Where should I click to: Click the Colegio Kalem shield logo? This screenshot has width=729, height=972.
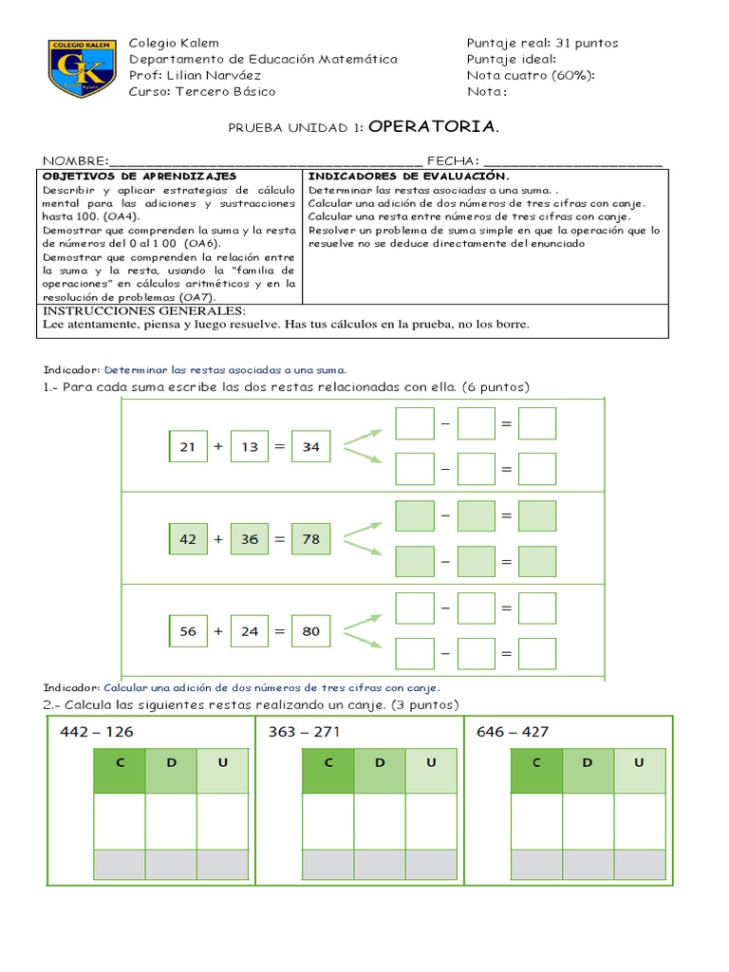(x=82, y=68)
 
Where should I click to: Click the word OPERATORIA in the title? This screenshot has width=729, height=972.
(x=433, y=126)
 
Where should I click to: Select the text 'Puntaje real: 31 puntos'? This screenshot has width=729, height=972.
(x=542, y=43)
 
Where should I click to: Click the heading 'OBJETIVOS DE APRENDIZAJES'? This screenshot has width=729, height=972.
(x=140, y=177)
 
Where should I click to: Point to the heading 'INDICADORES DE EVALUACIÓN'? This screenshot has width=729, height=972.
(x=409, y=177)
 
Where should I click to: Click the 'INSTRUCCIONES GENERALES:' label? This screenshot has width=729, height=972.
(x=144, y=310)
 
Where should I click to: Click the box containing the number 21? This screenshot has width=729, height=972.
(x=187, y=447)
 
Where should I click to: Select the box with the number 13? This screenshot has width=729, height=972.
(x=249, y=447)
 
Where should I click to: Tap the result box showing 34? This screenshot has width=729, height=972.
(x=310, y=447)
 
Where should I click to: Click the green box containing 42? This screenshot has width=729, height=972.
(x=187, y=539)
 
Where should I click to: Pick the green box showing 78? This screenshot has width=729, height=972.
(x=310, y=539)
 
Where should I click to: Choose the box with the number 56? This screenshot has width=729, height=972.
(x=187, y=631)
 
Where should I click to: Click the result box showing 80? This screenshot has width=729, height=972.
(x=310, y=631)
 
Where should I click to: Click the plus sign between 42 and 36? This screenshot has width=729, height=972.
(x=218, y=539)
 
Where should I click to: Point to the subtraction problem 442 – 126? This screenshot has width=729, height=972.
(x=96, y=732)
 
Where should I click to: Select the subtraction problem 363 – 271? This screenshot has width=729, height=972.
(x=305, y=732)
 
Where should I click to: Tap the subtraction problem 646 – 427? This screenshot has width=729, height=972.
(x=514, y=732)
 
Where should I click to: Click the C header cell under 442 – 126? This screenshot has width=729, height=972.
(x=120, y=762)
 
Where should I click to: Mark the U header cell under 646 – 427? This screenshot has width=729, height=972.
(x=639, y=762)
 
